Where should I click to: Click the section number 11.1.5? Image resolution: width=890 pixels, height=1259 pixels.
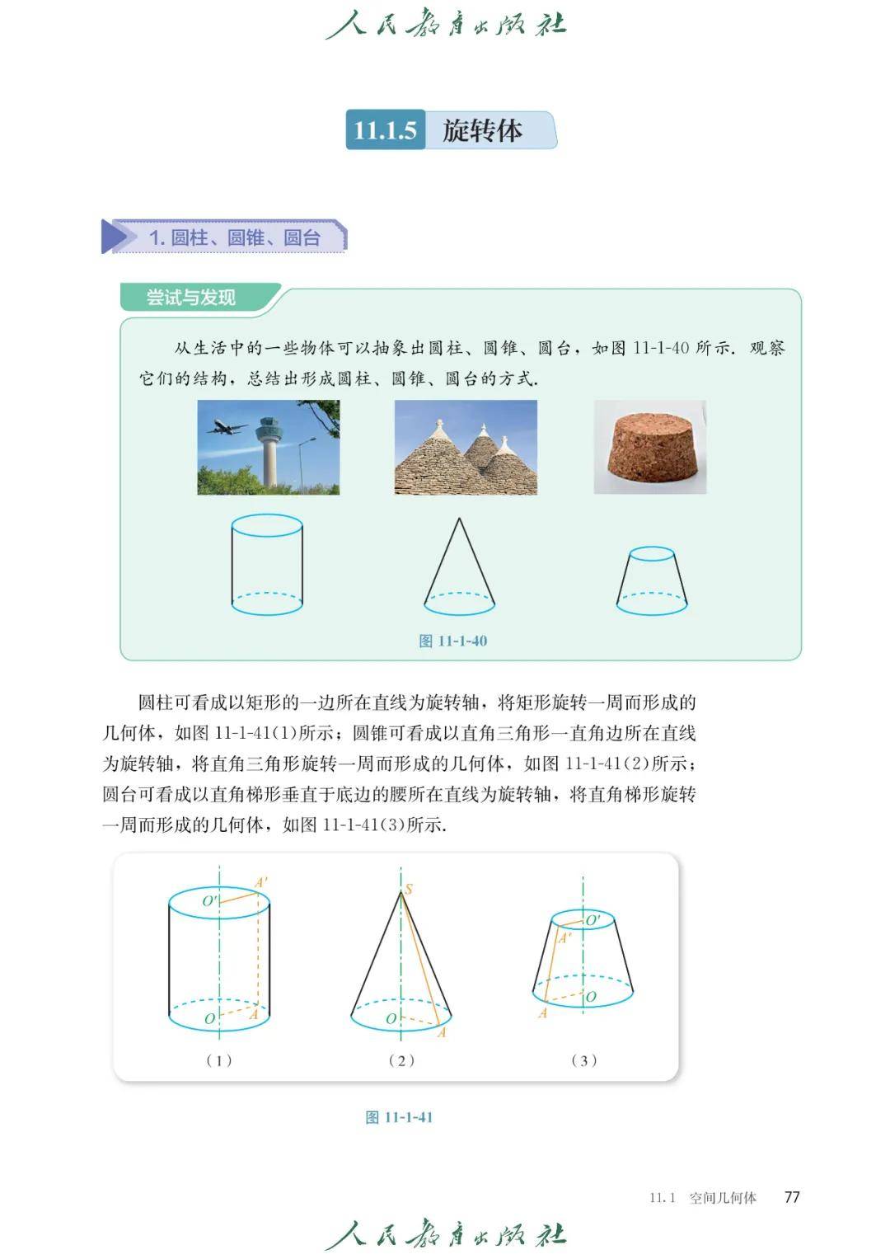click(x=385, y=130)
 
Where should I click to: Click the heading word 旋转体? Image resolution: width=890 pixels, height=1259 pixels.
click(x=482, y=130)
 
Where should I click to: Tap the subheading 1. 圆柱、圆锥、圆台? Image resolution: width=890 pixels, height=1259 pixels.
click(x=235, y=237)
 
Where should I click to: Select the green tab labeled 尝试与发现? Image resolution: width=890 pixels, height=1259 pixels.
click(x=191, y=297)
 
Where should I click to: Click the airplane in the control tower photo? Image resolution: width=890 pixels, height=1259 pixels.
click(x=227, y=426)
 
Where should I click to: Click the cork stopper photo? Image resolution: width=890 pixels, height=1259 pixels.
click(x=650, y=448)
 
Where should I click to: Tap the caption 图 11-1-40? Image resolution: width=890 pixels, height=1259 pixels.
click(x=453, y=641)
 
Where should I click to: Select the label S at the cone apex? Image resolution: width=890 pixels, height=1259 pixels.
click(x=409, y=889)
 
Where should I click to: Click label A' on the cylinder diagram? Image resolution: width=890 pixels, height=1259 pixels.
click(x=261, y=882)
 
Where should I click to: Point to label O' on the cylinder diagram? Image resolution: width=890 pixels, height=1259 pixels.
click(x=209, y=901)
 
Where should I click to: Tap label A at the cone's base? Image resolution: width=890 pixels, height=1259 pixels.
click(x=442, y=1032)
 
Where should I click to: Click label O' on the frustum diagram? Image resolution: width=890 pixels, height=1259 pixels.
click(x=593, y=920)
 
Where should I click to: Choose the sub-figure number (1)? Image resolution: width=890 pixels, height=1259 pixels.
click(x=219, y=1060)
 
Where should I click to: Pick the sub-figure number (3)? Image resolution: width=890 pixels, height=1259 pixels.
click(x=583, y=1060)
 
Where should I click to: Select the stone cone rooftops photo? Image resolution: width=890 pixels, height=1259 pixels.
click(x=466, y=448)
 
